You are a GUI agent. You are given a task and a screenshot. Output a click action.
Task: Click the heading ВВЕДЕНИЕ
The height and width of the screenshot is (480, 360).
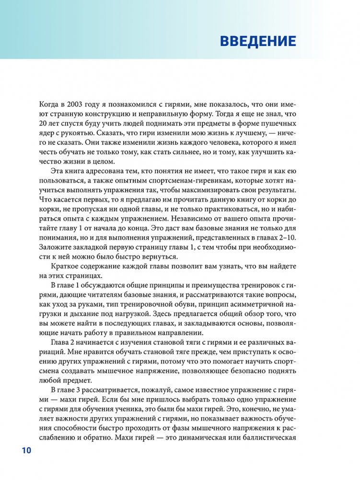(x=258, y=41)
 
